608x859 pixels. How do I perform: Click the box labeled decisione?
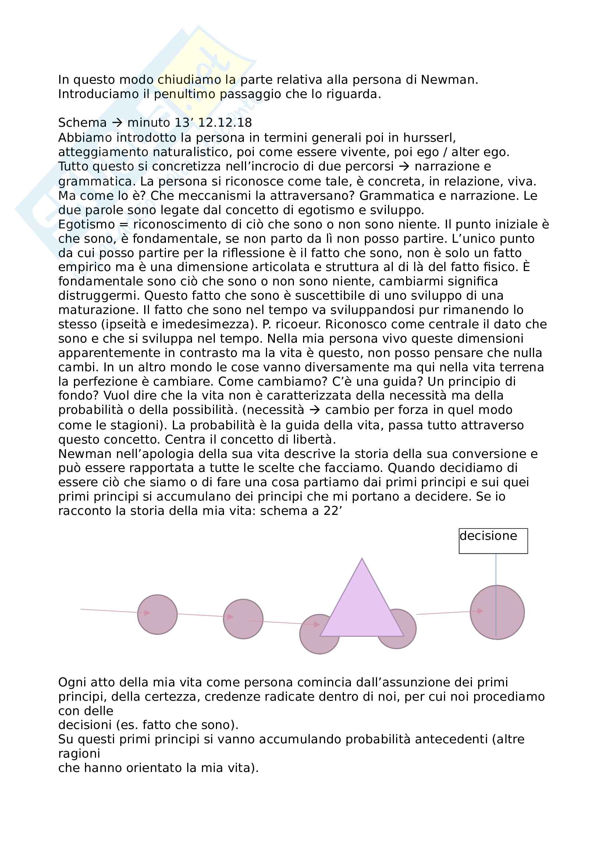[493, 541]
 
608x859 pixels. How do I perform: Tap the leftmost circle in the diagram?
[157, 614]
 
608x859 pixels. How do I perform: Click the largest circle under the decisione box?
[497, 613]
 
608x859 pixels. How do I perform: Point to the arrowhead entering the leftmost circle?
[147, 613]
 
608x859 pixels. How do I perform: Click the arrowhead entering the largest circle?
[480, 611]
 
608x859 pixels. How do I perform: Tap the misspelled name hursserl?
[429, 138]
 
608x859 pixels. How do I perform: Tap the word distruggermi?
[99, 296]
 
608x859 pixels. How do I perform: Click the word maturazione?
[99, 310]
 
